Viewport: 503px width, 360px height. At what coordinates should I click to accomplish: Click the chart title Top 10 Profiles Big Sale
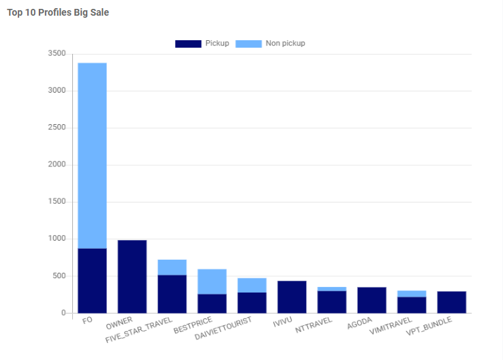tap(58, 12)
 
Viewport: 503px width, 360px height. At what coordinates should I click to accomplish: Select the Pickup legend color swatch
tap(188, 44)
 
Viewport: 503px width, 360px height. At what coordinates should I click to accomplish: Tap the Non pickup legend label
tap(285, 44)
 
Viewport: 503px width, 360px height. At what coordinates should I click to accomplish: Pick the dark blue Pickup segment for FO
tap(92, 281)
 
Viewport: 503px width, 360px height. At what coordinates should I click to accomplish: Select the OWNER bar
tap(132, 277)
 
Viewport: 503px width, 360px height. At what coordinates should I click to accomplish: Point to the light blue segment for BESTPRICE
tap(212, 282)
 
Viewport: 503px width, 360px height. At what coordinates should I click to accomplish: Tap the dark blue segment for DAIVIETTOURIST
tap(251, 303)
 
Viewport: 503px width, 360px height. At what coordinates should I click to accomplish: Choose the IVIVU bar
tap(292, 297)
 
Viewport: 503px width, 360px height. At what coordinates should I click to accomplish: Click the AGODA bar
tap(371, 300)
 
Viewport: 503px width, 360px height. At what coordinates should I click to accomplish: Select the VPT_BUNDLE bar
tap(451, 302)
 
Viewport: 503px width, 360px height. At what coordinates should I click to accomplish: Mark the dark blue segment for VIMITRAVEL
tap(412, 305)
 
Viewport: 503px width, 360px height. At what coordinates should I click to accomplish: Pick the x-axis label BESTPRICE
tap(193, 324)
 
